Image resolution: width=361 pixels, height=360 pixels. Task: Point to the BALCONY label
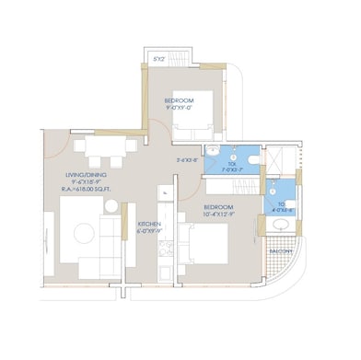[x=281, y=250]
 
